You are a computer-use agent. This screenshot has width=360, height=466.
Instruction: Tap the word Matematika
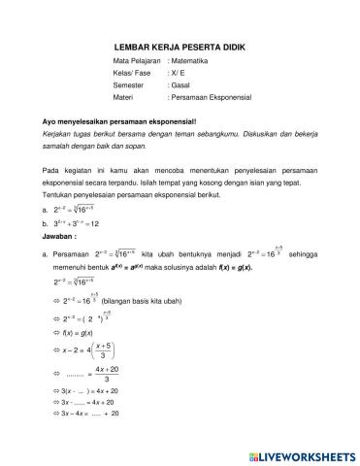click(191, 60)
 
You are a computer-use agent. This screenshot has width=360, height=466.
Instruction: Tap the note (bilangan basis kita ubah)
click(146, 302)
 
